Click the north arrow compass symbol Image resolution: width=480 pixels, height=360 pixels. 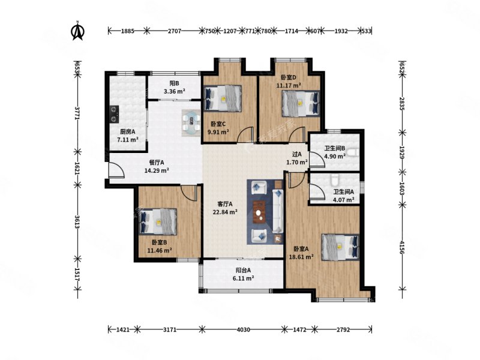point(78,31)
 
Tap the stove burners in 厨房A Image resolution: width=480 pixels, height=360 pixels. point(114,114)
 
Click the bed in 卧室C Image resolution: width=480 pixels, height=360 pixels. point(223,98)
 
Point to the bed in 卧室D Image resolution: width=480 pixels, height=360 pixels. point(301,103)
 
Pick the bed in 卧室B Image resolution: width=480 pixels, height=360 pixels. point(158,221)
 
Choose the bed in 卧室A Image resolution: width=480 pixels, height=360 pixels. point(340,247)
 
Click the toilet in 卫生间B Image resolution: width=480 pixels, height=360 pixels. point(353,152)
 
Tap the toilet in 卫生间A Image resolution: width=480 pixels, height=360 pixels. point(334,180)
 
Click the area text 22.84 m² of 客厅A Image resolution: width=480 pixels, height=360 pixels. point(226,212)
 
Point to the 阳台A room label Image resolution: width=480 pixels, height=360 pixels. point(244,271)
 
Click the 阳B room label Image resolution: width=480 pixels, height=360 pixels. point(174,83)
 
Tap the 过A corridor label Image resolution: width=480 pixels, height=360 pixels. point(296,154)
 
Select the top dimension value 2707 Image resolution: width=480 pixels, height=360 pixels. point(175,31)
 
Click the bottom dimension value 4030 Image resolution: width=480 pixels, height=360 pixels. point(244,329)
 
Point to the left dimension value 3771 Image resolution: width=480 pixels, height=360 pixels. point(77,113)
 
